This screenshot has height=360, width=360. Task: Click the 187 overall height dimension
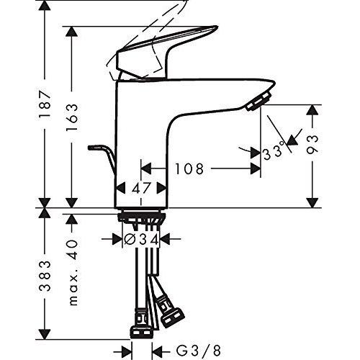click(x=45, y=105)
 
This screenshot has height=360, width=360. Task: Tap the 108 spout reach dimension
click(x=189, y=169)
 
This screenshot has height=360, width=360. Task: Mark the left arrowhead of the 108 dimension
click(x=143, y=169)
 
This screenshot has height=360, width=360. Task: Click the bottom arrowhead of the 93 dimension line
click(x=312, y=202)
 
